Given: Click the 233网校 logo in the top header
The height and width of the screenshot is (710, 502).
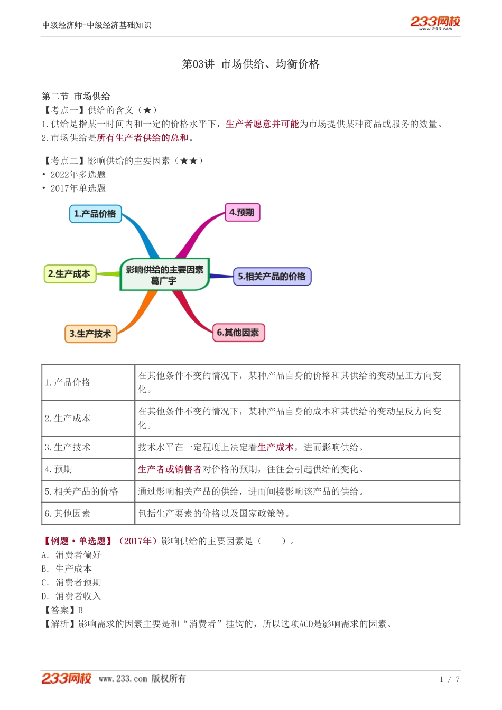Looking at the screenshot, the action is coord(435,22).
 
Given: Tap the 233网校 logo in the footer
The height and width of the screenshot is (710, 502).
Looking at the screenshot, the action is coord(66,678).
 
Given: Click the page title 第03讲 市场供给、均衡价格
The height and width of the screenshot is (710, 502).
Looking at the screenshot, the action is coord(250,64).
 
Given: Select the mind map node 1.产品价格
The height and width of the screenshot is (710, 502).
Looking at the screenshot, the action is coord(95,214).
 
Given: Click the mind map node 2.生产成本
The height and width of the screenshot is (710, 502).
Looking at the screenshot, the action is coord(69,274).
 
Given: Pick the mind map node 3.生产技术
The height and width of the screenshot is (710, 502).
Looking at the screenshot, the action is coord(90,334).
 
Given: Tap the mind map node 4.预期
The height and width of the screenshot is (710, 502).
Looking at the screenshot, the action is coord(242,212).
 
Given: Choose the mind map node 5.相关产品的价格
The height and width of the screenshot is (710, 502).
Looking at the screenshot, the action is coord(272,276).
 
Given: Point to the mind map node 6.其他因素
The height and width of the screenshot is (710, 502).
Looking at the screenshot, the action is coord(238,333).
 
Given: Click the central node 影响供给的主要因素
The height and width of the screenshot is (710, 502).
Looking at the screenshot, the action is coord(164,274).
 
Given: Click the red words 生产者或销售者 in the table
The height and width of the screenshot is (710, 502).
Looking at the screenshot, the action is coord(169,469).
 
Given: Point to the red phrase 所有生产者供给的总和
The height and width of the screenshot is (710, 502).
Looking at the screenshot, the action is coord(143,138).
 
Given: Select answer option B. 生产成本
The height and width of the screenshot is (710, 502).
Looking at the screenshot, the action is coord(67,569).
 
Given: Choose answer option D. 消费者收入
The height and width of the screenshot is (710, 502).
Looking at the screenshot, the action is coord(71,596).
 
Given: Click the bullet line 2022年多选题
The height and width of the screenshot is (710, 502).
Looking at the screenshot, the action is coord(78,174).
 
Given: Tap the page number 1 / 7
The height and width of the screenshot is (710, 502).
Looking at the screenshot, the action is coord(450,679).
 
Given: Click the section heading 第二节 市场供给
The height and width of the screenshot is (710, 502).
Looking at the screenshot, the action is coord(76,96).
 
